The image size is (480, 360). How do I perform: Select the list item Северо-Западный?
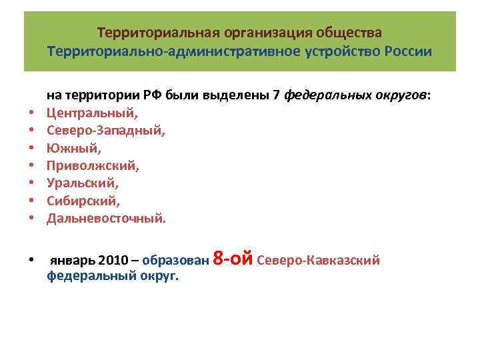tap(105, 131)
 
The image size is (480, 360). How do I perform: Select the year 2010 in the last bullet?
tap(110, 261)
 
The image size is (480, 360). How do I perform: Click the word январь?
tap(71, 261)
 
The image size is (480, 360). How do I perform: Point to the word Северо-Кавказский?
tap(318, 261)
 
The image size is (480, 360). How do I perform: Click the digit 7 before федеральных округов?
tap(277, 96)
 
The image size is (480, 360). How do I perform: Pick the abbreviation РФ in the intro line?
tap(151, 96)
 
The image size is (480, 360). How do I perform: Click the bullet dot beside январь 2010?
tap(31, 261)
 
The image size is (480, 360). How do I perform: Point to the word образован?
tap(175, 261)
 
